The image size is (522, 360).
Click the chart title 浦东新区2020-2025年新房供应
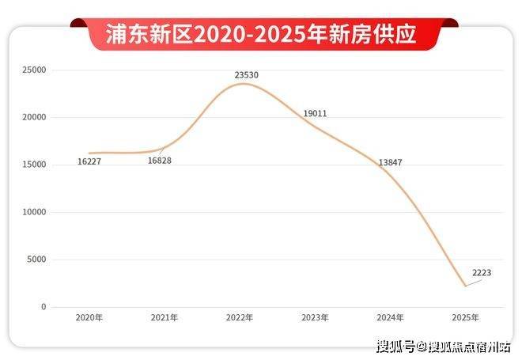click(x=262, y=33)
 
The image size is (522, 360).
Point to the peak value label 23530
click(x=247, y=75)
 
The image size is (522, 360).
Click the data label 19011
click(x=315, y=113)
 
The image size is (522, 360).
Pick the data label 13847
click(x=391, y=162)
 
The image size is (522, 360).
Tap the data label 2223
click(x=482, y=273)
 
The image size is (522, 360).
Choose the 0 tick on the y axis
click(x=43, y=307)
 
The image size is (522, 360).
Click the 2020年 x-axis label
click(x=89, y=317)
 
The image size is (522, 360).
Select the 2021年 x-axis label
click(x=165, y=317)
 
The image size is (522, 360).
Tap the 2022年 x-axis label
click(x=240, y=317)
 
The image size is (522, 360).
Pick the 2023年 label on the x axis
click(x=315, y=317)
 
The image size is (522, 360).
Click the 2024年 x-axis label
click(x=390, y=317)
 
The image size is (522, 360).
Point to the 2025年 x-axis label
click(x=465, y=317)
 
